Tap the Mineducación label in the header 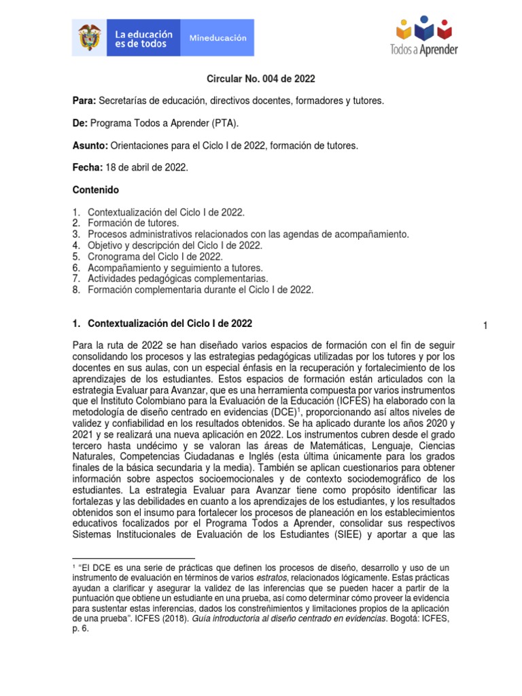tap(217, 38)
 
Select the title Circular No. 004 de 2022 tap(261, 79)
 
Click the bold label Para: tap(84, 101)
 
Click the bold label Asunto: tap(90, 145)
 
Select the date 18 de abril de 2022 tap(146, 167)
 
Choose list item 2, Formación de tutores tap(133, 222)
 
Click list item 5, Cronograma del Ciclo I tap(154, 256)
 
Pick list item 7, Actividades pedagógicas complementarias tap(177, 279)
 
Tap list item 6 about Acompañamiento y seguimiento tap(175, 268)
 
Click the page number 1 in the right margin tap(485, 326)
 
